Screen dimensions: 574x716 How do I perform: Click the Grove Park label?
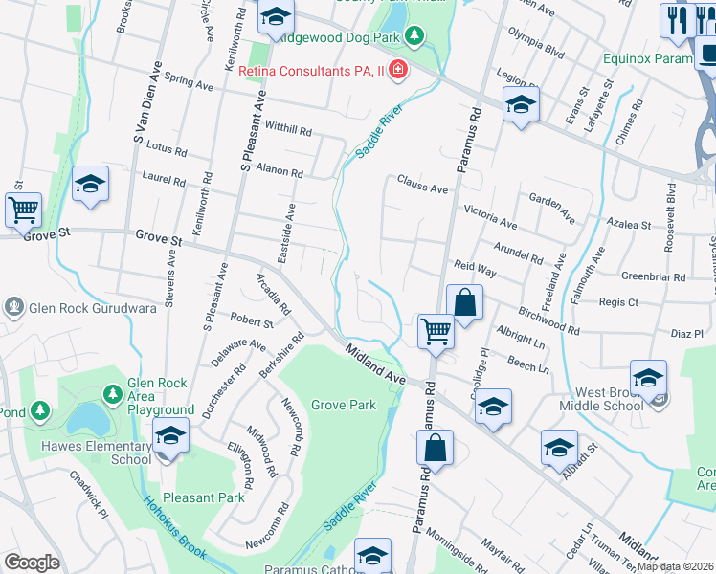[343, 405]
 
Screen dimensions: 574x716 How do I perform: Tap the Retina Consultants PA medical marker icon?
[397, 72]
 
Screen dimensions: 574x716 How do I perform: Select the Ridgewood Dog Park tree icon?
[414, 37]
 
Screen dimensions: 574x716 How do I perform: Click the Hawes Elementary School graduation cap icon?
[170, 437]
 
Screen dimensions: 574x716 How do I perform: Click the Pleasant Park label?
[204, 497]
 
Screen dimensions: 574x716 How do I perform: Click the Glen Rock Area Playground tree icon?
[113, 393]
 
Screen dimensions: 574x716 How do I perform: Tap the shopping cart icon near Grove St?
[23, 210]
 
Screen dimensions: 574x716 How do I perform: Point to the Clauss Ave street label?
[422, 186]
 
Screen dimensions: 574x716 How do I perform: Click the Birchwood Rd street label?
[548, 321]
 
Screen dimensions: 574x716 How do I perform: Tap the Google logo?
[32, 563]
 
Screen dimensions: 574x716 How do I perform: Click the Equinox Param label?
[647, 58]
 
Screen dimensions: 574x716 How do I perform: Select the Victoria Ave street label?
[490, 216]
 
